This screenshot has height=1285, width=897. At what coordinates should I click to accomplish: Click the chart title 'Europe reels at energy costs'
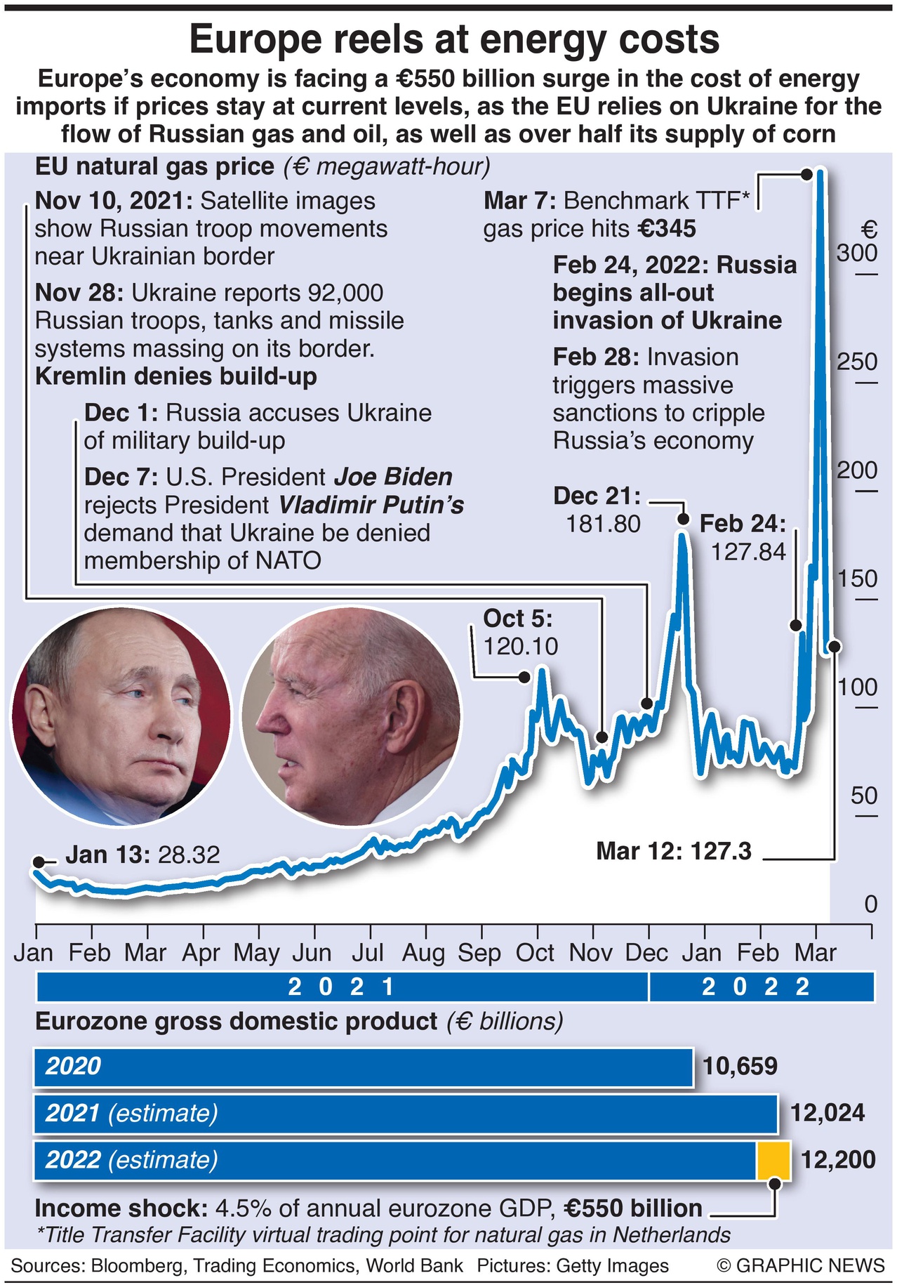coord(454,39)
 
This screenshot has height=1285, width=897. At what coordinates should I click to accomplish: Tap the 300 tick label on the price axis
coord(856,253)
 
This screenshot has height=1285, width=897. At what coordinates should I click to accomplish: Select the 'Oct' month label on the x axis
coord(535,953)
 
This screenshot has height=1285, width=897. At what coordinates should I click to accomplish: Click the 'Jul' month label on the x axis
coord(368,953)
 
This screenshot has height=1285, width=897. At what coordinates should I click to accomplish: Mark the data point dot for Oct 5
coord(524,677)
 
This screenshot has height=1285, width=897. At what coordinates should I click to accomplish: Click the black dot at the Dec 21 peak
coord(682,519)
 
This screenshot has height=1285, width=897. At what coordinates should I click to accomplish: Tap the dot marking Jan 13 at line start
coord(39,862)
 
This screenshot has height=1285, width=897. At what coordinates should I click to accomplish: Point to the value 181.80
coord(604,524)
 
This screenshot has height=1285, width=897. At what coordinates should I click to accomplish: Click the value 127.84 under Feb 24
coord(748,552)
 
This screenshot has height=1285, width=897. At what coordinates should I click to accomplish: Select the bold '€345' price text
coord(667,229)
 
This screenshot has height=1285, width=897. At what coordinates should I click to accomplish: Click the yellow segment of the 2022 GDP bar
coord(773,1160)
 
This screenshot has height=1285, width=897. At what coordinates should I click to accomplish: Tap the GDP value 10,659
coord(740,1066)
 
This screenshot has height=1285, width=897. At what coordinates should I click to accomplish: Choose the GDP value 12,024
coord(828,1113)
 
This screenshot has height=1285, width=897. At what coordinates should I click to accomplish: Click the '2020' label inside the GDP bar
coord(73,1066)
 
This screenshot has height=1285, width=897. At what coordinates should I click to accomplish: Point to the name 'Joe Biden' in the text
coord(392,477)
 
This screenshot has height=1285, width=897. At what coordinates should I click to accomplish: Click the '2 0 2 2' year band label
coord(757,987)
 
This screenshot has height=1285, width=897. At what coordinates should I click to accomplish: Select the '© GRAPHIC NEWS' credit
coord(801,1265)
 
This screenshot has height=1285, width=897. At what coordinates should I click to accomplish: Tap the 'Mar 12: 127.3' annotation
coord(674,851)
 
